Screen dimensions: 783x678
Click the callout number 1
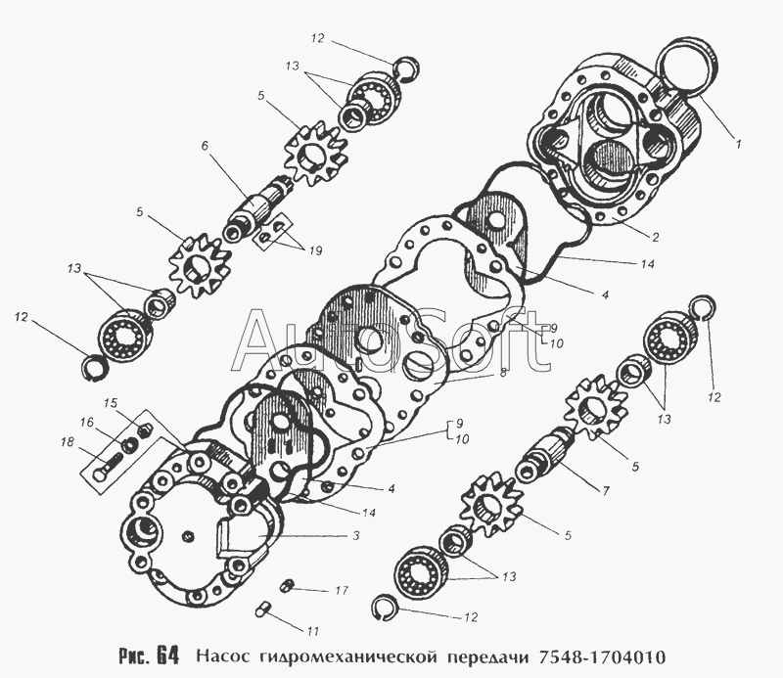738,144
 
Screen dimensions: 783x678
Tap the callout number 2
656,237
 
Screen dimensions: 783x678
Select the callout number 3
355,536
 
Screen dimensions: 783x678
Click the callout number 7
606,491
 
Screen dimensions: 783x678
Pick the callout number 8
503,372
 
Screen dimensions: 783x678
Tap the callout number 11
312,632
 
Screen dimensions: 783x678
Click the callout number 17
341,591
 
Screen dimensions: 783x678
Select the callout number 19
315,250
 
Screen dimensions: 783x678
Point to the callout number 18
68,442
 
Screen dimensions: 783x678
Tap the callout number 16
86,423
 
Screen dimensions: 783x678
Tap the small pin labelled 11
262,610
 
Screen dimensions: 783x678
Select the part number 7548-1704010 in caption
601,655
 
